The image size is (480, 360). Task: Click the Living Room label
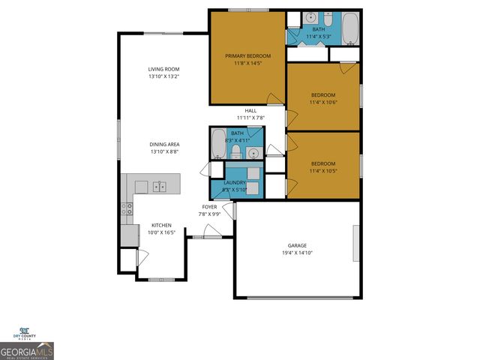[x=163, y=70]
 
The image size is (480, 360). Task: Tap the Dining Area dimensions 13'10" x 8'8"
[x=163, y=151]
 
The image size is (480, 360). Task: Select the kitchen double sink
[x=159, y=185]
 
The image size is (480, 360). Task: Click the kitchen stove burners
[x=128, y=209]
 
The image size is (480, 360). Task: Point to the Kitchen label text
[x=162, y=225]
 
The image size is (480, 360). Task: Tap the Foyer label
[x=209, y=207]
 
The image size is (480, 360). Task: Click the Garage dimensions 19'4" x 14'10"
[x=296, y=253]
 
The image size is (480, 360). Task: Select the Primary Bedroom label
[x=247, y=55]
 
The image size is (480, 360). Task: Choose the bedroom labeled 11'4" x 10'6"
[x=322, y=98]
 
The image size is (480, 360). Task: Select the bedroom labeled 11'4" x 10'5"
[x=322, y=166]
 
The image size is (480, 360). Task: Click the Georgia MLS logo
[x=26, y=350]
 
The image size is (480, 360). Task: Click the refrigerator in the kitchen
[x=128, y=234]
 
